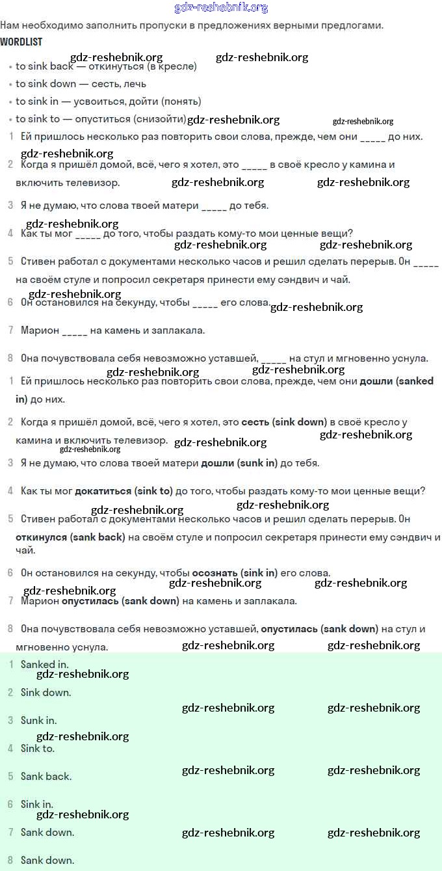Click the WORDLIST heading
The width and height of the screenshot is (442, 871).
[x=21, y=42]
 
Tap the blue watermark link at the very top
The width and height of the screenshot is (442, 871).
[x=221, y=8]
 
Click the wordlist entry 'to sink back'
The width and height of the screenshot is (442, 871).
[x=44, y=66]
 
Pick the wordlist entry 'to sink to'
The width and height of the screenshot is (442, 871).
[x=38, y=119]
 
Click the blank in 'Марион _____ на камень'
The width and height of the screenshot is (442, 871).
[x=75, y=330]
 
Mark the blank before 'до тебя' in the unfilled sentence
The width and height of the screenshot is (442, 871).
[x=214, y=206]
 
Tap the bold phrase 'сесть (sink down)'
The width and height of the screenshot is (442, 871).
[x=283, y=422]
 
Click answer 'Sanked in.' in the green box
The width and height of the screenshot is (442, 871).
[x=45, y=665]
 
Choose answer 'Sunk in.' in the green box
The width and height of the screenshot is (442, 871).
[x=39, y=721]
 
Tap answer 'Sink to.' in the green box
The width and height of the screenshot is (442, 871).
[x=38, y=749]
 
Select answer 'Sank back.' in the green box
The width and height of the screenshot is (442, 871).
[x=46, y=777]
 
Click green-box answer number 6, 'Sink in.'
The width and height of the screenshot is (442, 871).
[x=37, y=805]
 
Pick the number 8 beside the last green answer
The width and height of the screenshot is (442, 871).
[x=10, y=861]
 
